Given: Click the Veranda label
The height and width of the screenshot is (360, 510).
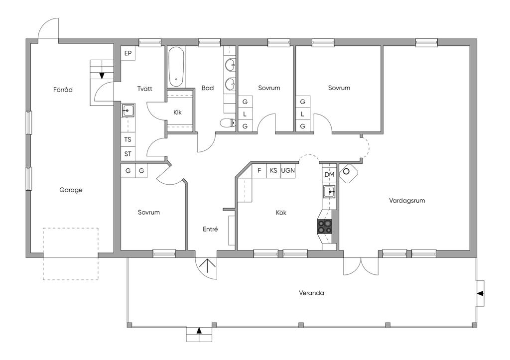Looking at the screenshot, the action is click(311, 293).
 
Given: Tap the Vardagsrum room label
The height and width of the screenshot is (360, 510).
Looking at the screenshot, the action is click(407, 201).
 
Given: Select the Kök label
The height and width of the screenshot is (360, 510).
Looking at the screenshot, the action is click(281, 213).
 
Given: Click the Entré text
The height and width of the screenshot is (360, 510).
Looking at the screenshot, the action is click(210, 229).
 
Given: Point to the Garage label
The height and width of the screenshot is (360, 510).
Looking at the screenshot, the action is click(71, 190).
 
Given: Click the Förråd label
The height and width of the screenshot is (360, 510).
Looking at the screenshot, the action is click(63, 90).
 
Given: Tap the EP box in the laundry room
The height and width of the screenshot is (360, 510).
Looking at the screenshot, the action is click(128, 53).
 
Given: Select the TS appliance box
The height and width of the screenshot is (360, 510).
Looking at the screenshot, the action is click(128, 139).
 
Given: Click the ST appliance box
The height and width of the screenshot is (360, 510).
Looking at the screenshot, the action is click(128, 154).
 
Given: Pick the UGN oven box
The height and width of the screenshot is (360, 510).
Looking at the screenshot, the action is click(288, 170).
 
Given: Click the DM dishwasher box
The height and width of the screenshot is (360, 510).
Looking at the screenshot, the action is click(330, 175).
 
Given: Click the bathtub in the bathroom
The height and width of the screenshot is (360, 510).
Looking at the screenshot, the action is click(176, 67).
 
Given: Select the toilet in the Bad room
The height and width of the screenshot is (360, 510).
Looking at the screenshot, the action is click(228, 123).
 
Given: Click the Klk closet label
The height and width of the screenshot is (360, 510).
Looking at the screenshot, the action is click(177, 113).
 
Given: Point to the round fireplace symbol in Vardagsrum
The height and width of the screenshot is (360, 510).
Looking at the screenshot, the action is click(346, 171).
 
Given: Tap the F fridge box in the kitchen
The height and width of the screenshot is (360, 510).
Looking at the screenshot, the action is click(259, 170).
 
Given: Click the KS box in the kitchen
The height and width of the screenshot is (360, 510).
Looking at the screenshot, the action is click(273, 170).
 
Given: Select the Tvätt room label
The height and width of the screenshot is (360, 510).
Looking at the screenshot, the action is click(145, 89).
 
